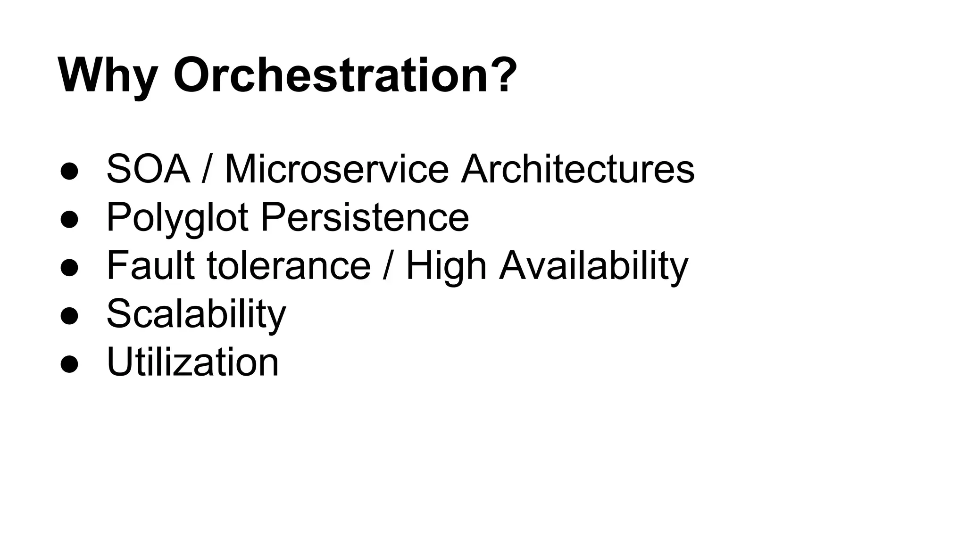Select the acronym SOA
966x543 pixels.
tap(148, 169)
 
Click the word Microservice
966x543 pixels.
tap(336, 169)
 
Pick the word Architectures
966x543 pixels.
tap(577, 169)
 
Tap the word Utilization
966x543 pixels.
tap(193, 362)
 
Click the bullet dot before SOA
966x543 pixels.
tap(69, 171)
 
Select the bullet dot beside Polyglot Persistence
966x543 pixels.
tap(69, 220)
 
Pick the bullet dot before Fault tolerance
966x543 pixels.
tap(69, 268)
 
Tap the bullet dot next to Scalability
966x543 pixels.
tap(69, 316)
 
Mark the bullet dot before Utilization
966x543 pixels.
tap(69, 364)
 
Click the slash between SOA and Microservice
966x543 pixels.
tap(206, 169)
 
